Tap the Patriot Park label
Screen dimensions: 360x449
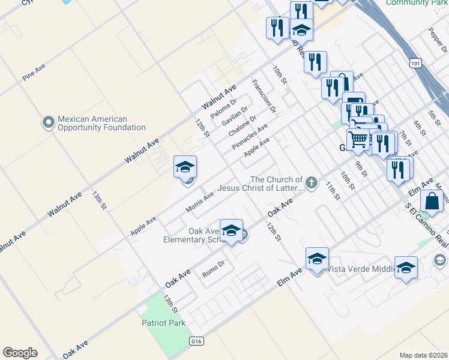coord(163,323)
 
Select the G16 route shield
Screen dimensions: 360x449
coord(196,341)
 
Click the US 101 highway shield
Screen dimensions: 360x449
coord(417,62)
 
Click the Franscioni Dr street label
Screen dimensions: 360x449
coord(264,96)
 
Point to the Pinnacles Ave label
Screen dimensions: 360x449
coord(250,138)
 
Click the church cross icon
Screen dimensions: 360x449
coord(311,183)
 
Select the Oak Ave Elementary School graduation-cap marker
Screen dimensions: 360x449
coord(231,231)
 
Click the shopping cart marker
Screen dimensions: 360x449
coord(358,140)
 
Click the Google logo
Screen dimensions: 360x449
coord(20,353)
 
